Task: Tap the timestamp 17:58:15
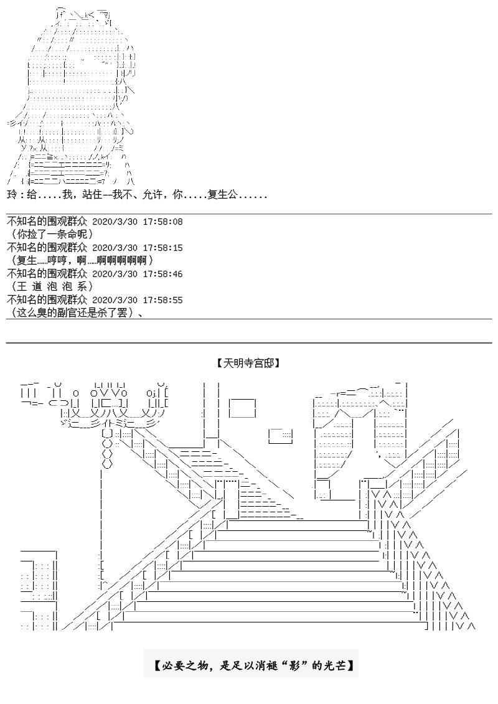pyautogui.click(x=163, y=248)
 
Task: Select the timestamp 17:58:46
pyautogui.click(x=163, y=273)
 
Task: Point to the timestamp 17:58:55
pyautogui.click(x=163, y=299)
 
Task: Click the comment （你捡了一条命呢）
pyautogui.click(x=52, y=235)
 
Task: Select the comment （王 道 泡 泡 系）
pyautogui.click(x=52, y=286)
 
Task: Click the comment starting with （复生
pyautogui.click(x=81, y=260)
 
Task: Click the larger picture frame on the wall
pyautogui.click(x=242, y=408)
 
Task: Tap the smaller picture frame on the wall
pyautogui.click(x=281, y=434)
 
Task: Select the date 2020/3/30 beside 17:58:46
pyautogui.click(x=114, y=273)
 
